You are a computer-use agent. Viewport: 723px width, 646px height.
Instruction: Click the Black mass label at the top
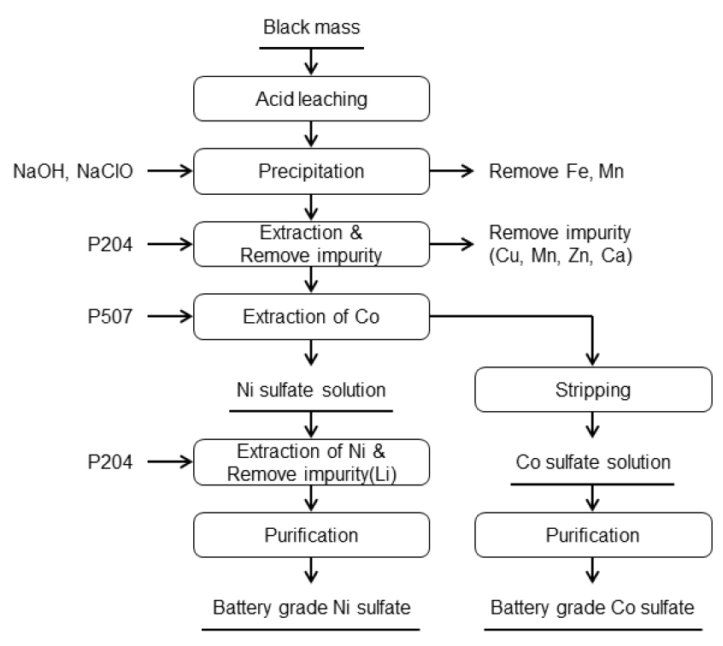coord(311,27)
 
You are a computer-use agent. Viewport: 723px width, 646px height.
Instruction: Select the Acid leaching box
coord(311,99)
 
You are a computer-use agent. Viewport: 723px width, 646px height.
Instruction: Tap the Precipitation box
coord(311,171)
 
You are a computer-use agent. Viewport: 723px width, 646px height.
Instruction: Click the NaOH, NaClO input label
coord(72,171)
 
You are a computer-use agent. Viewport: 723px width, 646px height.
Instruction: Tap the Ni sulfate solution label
coord(311,390)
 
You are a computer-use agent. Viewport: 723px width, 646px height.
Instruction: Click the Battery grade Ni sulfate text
coord(311,608)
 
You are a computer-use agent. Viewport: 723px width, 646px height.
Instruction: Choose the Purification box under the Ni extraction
coord(311,536)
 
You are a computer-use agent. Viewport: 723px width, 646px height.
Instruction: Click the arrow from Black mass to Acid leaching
coord(311,61)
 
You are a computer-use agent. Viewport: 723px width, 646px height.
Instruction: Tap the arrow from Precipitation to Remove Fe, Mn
coord(453,171)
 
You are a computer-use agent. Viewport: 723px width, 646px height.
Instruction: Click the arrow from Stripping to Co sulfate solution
coord(590,426)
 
